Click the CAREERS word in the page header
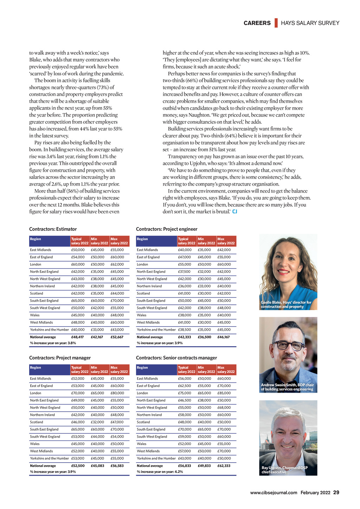pyautogui.click(x=257, y=23)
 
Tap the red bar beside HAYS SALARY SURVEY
pyautogui.click(x=276, y=23)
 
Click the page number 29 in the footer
pyautogui.click(x=336, y=492)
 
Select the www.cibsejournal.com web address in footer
pyautogui.click(x=274, y=493)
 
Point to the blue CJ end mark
pyautogui.click(x=235, y=212)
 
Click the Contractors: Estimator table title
pyautogui.click(x=53, y=229)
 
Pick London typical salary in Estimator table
pyautogui.click(x=78, y=264)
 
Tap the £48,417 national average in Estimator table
pyautogui.click(x=77, y=337)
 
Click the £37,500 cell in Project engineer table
pyautogui.click(x=184, y=272)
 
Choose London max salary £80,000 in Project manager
pyautogui.click(x=117, y=393)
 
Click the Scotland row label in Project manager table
pyautogui.click(x=37, y=422)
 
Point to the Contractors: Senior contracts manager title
pyautogui.click(x=176, y=358)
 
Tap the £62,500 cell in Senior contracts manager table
pyautogui.click(x=185, y=386)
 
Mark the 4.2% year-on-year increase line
pyautogui.click(x=160, y=472)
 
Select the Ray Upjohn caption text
pyautogui.click(x=284, y=470)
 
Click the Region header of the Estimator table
pyautogui.click(x=36, y=239)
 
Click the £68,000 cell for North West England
pyautogui.click(x=224, y=408)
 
